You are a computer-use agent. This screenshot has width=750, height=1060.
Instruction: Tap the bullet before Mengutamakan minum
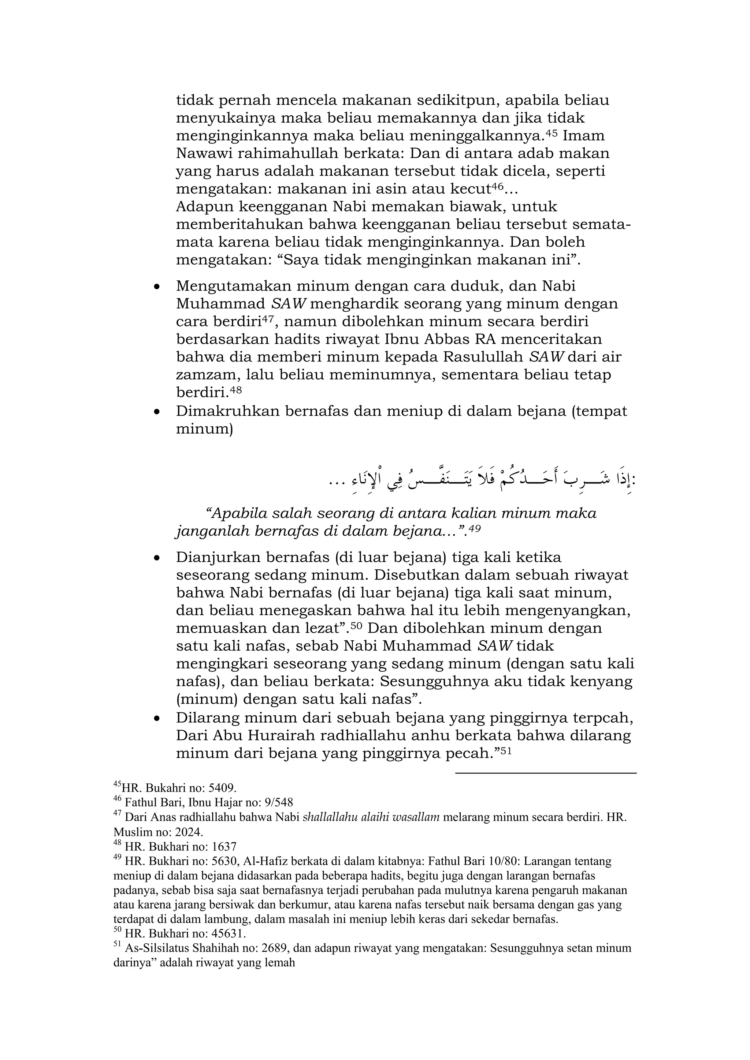pyautogui.click(x=157, y=287)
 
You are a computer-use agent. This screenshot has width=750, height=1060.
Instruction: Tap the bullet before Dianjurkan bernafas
pyautogui.click(x=157, y=558)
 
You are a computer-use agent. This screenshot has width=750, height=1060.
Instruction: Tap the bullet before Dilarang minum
pyautogui.click(x=157, y=719)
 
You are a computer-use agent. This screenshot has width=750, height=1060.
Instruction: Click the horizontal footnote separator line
pyautogui.click(x=545, y=773)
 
